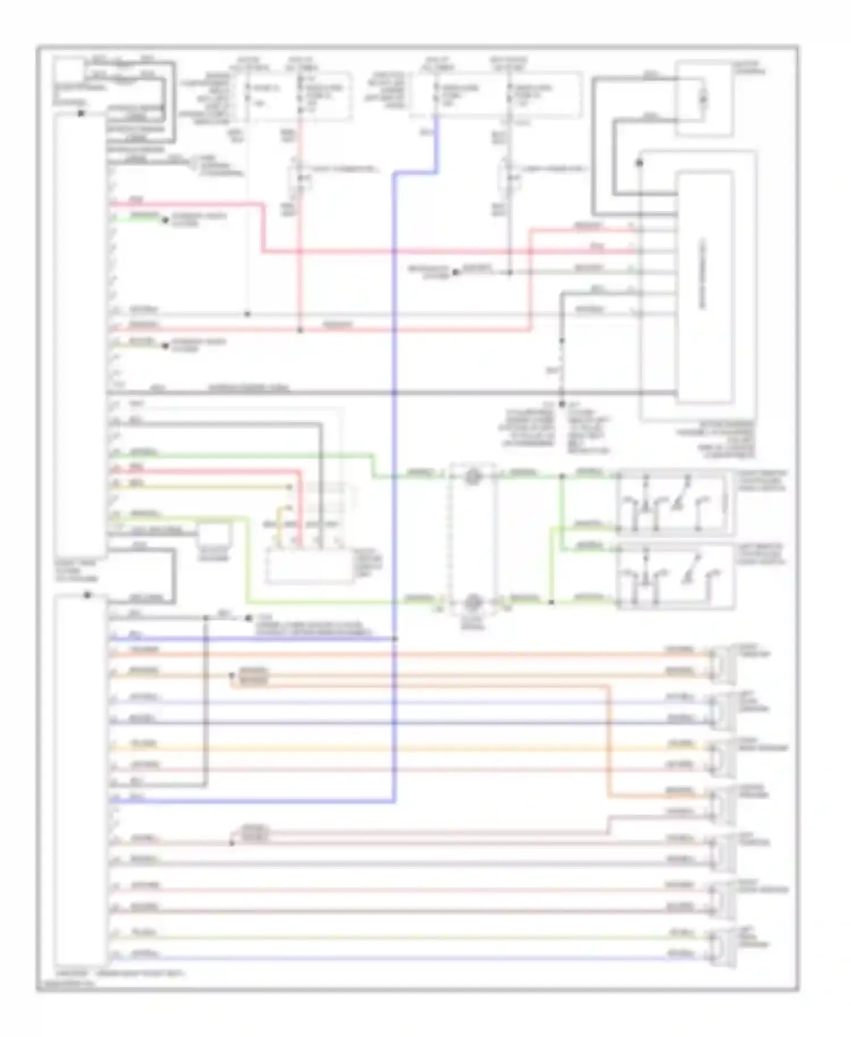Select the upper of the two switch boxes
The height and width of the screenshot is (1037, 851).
pos(675,502)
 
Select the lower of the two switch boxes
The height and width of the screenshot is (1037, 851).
pos(675,576)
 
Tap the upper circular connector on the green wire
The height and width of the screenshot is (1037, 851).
pos(472,477)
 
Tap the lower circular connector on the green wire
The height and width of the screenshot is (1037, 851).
pos(473,602)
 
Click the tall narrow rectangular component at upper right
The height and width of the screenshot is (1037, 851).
pos(703,286)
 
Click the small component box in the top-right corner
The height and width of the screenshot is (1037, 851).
pos(702,100)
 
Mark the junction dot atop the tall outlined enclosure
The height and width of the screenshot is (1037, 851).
pos(639,163)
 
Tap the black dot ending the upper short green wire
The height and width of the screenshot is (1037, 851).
pos(166,220)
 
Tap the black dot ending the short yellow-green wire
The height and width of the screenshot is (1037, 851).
pos(166,345)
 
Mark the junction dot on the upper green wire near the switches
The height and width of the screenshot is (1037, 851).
pos(562,477)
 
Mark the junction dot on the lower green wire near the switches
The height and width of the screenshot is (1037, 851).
pos(550,602)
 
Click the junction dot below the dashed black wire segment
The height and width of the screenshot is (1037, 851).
pos(562,404)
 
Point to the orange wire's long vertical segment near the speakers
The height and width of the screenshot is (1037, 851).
pos(609,737)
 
